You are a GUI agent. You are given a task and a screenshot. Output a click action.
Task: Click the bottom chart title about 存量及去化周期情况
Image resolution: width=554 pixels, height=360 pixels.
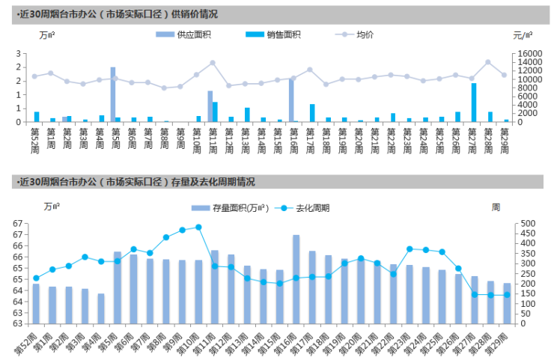click(135, 182)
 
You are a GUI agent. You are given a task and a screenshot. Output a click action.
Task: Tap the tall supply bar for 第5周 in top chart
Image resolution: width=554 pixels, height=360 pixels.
click(113, 94)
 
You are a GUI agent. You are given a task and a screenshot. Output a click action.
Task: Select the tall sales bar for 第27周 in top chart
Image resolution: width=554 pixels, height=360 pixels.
click(474, 103)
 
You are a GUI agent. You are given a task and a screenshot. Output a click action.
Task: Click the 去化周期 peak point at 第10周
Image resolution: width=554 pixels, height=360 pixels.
click(198, 227)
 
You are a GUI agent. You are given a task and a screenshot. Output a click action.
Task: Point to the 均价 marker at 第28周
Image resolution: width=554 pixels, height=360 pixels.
click(488, 62)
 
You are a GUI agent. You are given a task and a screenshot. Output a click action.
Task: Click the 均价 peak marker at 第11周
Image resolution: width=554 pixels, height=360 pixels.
click(213, 63)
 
